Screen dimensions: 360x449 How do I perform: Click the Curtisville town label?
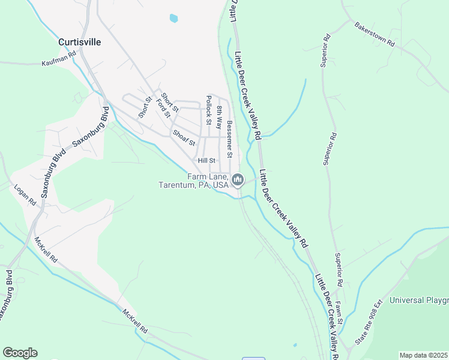(79, 43)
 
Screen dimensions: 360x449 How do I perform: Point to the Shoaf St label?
(184, 138)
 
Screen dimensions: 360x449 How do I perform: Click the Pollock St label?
(209, 110)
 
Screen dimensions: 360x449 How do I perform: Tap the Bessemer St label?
(229, 135)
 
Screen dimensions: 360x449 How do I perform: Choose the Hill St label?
(206, 160)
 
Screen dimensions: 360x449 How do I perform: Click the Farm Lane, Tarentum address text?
(193, 181)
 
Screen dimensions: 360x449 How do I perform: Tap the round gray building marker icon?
(238, 179)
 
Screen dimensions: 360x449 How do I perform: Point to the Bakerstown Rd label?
(375, 35)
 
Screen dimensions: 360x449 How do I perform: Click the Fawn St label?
(339, 313)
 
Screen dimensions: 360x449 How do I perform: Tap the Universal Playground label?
(419, 300)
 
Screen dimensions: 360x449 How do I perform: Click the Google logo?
(20, 353)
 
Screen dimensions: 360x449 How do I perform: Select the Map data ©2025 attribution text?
(423, 355)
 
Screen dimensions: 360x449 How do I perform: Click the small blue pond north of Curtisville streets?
(173, 18)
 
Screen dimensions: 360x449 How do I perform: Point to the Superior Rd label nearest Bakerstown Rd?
(327, 44)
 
